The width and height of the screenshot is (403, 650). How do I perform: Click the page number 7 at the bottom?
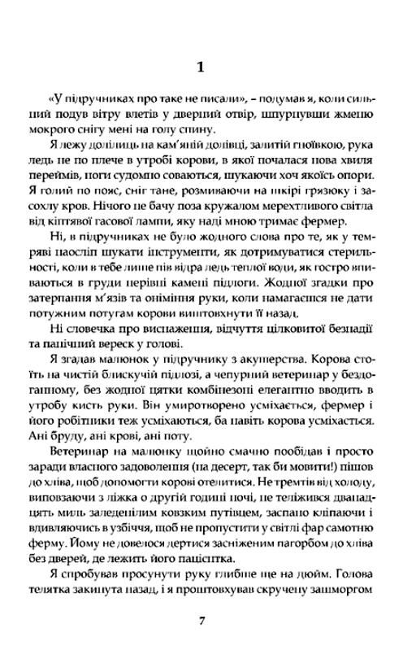[201, 621]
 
